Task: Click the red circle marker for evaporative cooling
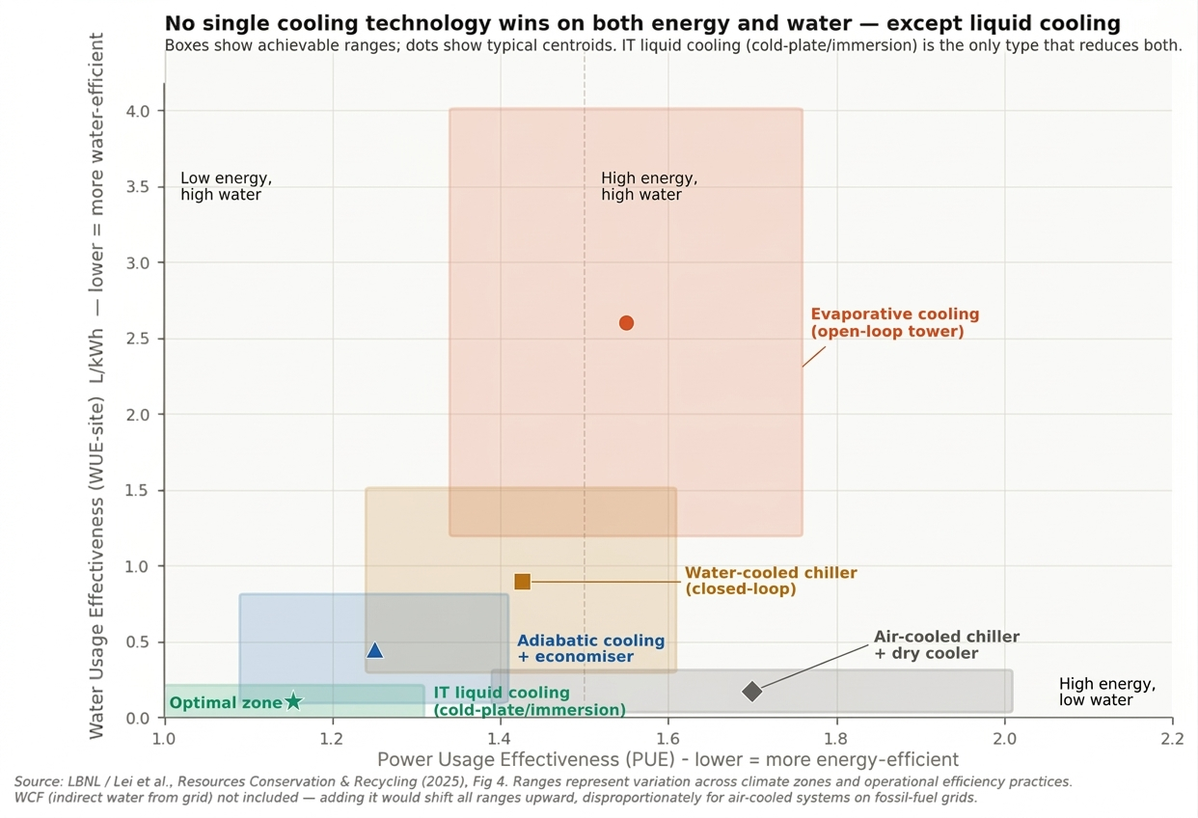(x=626, y=323)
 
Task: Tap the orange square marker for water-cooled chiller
(x=522, y=582)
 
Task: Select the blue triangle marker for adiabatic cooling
(x=375, y=651)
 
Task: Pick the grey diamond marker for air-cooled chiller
(x=752, y=692)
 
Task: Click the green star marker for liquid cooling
(x=294, y=701)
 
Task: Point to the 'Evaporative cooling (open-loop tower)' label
(x=894, y=323)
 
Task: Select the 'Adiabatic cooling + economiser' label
(x=590, y=648)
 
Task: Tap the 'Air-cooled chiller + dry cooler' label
(x=945, y=645)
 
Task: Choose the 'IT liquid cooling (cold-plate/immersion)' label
(x=529, y=701)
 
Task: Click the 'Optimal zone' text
(x=225, y=703)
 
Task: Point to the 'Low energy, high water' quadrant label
(x=226, y=186)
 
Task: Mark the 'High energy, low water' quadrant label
(x=1106, y=692)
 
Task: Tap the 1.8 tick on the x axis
(x=836, y=738)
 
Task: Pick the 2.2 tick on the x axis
(x=1172, y=738)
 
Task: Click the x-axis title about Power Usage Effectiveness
(x=667, y=759)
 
